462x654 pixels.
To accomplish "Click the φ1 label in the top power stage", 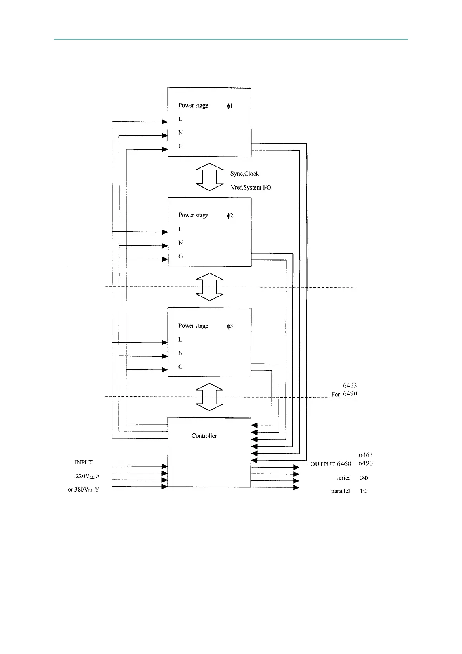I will (230, 106).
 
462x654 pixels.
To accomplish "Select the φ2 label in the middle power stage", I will (230, 216).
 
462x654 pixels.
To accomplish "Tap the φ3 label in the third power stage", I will (230, 326).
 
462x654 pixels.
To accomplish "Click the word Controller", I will (204, 436).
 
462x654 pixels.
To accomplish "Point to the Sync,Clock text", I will (244, 174).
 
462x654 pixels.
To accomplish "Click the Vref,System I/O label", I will (251, 188).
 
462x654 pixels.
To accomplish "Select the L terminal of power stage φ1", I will (180, 119).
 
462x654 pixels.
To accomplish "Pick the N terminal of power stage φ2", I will (180, 243).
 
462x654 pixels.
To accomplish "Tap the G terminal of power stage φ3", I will (180, 367).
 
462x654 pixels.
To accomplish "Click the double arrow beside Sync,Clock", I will (209, 177).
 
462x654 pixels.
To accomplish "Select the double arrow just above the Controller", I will (209, 397).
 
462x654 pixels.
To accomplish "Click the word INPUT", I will (84, 462).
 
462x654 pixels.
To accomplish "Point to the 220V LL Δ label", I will (87, 476).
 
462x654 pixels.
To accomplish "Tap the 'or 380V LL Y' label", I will (83, 490).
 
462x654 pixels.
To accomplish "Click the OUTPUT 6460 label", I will (330, 464).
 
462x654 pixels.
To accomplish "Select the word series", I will (343, 478).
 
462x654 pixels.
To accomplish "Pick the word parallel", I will (340, 491).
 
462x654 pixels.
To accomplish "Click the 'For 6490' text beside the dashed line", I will (344, 394).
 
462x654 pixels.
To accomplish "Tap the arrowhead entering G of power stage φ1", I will (164, 149).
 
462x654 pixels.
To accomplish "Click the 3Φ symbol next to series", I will (364, 478).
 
